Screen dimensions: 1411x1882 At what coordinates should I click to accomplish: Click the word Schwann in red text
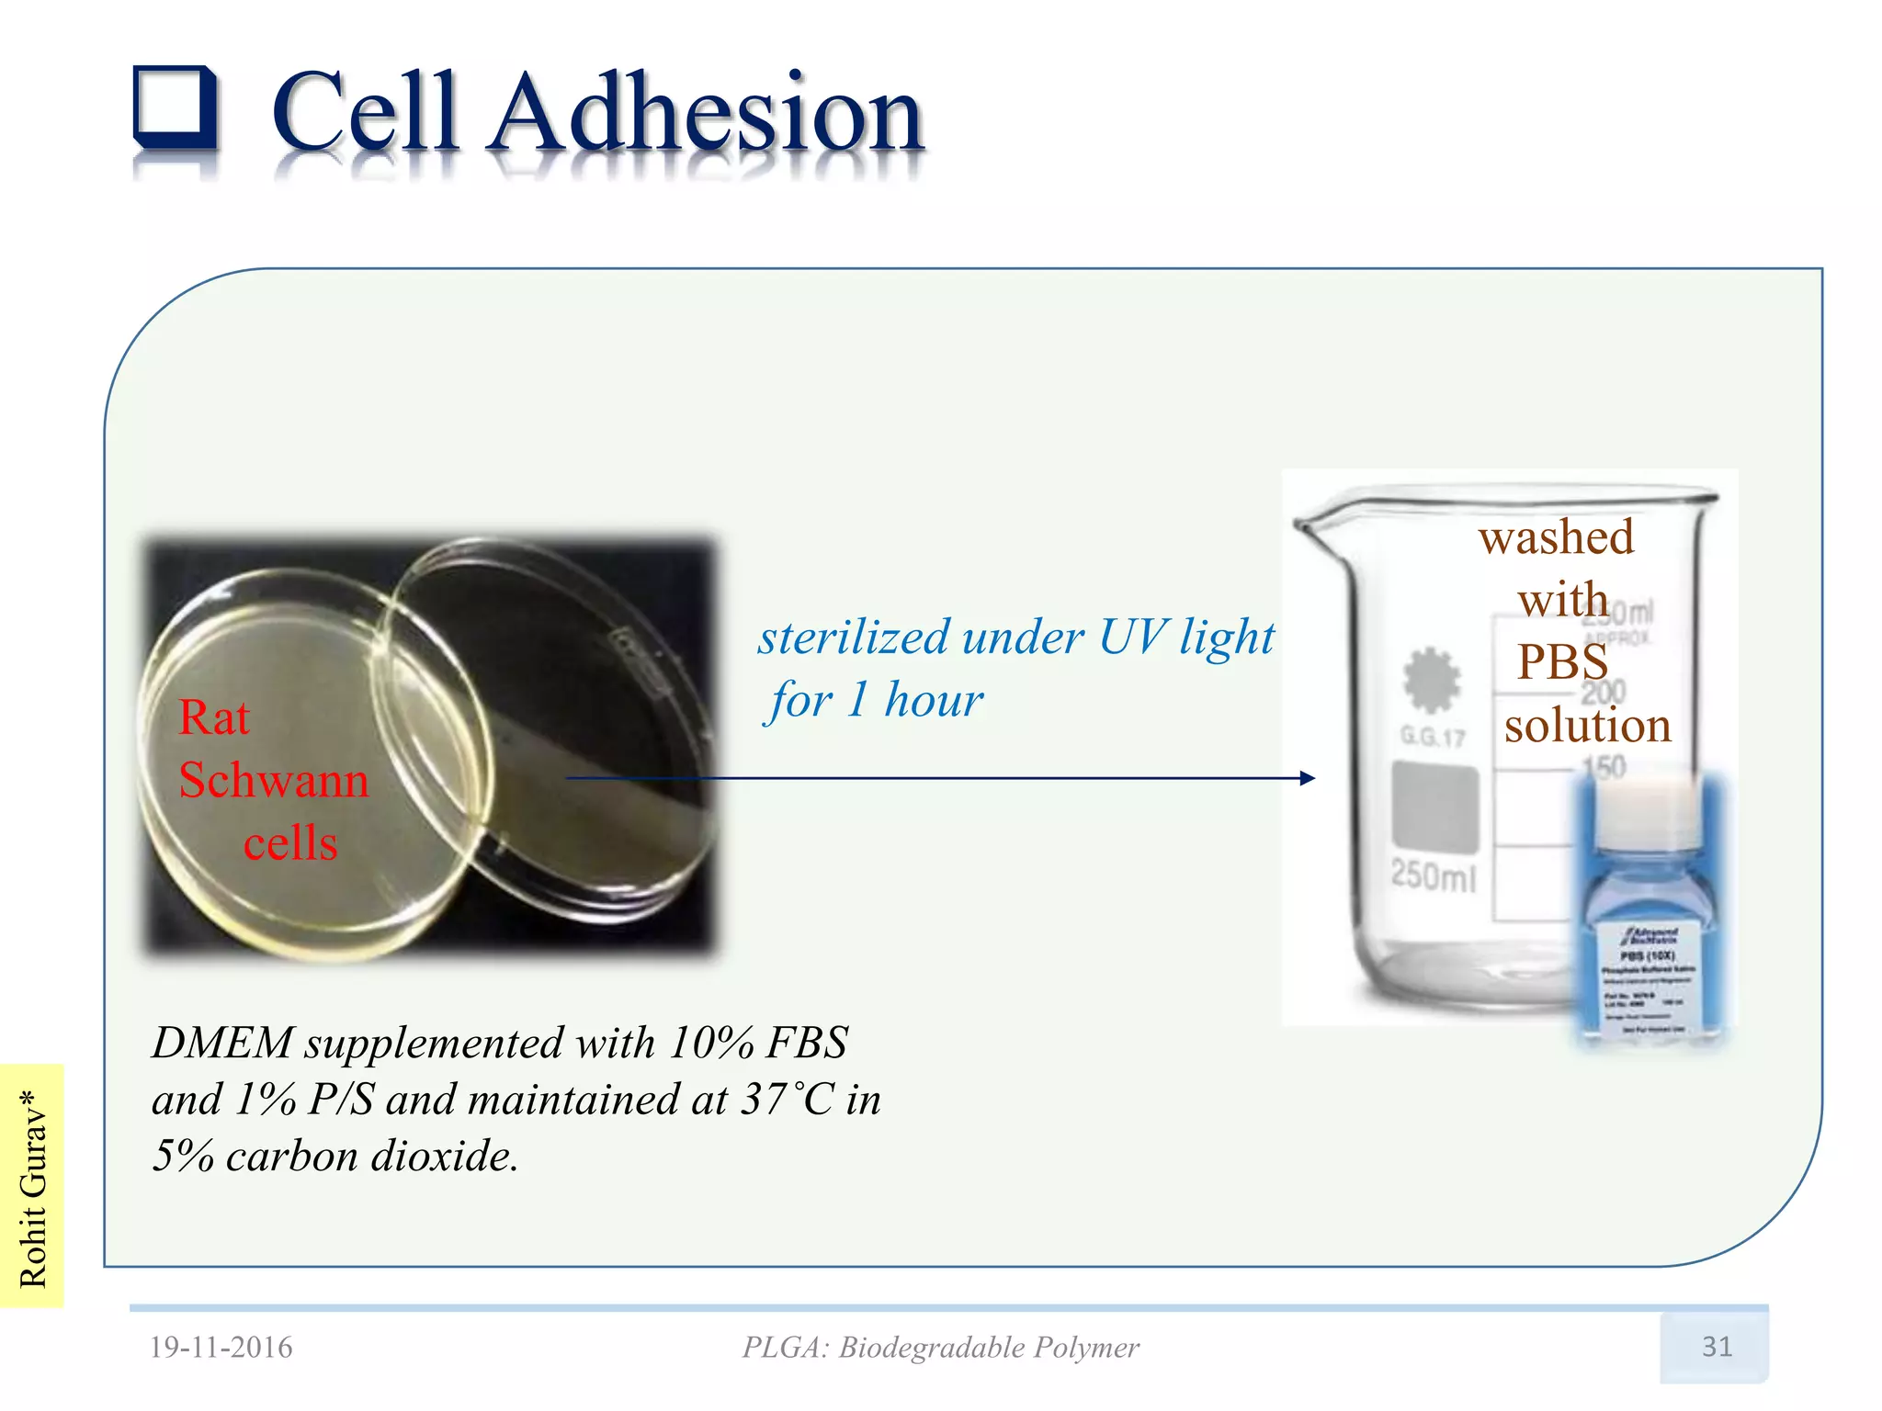274,781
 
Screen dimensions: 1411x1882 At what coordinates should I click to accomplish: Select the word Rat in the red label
213,718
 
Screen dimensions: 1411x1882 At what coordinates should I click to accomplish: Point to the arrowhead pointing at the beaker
1308,778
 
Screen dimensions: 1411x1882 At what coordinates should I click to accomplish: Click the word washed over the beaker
1556,537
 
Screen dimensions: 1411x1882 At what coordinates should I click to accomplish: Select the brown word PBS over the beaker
1561,661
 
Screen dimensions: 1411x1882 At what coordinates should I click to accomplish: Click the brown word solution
1587,726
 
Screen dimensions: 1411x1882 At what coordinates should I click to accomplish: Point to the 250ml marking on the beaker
1433,875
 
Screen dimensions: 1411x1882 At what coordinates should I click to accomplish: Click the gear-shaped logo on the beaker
1431,681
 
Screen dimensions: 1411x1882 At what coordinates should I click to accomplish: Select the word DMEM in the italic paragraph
221,1044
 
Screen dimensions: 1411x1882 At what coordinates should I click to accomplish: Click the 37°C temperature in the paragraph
788,1100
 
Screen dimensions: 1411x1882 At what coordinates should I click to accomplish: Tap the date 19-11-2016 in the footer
221,1348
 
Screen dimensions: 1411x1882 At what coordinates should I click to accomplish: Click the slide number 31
1716,1347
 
